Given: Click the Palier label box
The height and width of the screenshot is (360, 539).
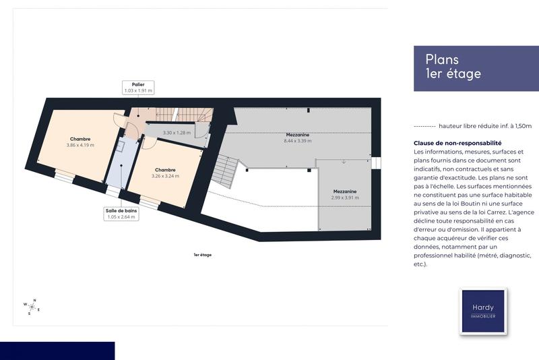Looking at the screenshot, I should point(138,88).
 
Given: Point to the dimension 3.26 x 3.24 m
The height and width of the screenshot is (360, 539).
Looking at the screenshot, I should point(165,175).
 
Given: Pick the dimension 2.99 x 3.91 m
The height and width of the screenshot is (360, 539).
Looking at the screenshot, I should point(344,198).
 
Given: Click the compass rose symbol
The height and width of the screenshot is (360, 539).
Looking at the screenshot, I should point(32,307).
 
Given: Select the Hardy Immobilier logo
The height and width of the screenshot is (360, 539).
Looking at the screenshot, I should point(482,311).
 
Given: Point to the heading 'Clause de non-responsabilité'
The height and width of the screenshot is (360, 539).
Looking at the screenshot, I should point(458,143).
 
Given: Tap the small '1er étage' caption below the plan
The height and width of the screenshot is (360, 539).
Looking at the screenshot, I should point(202,255).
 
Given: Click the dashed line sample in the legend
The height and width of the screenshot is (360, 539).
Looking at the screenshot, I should point(424,126).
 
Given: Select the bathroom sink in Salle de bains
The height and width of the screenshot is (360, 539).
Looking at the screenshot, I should point(119,146).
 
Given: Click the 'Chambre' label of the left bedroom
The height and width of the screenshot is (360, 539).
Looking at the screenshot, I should point(80,139).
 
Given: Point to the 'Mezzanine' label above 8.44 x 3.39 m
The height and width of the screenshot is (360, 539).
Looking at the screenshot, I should point(297,135).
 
